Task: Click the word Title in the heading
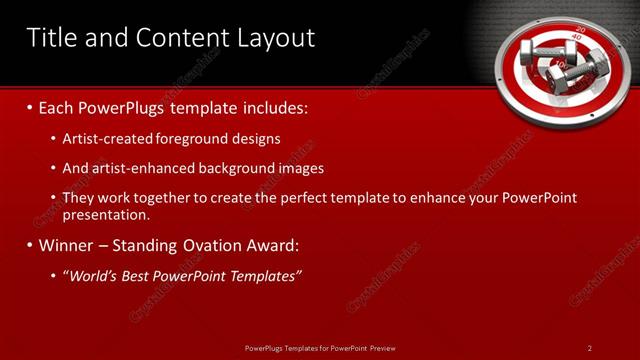(51, 38)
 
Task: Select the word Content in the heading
(175, 38)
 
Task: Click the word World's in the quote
(90, 275)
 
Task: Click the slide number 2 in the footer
(589, 348)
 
